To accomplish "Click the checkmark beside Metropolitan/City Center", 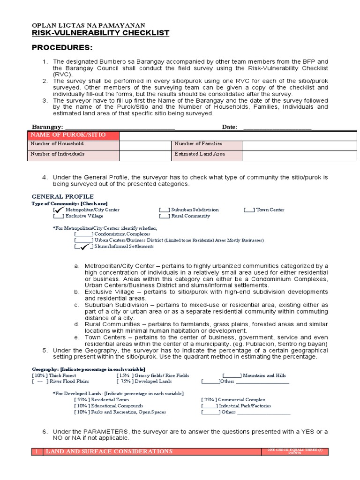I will [x=59, y=210].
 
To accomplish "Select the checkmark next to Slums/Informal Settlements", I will [x=84, y=246].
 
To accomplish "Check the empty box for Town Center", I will [x=249, y=210].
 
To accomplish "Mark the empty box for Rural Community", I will [x=164, y=216].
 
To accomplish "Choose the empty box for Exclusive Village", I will [x=59, y=216].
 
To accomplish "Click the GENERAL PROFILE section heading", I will [x=62, y=196].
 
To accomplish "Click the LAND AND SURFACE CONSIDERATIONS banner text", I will [x=108, y=451].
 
